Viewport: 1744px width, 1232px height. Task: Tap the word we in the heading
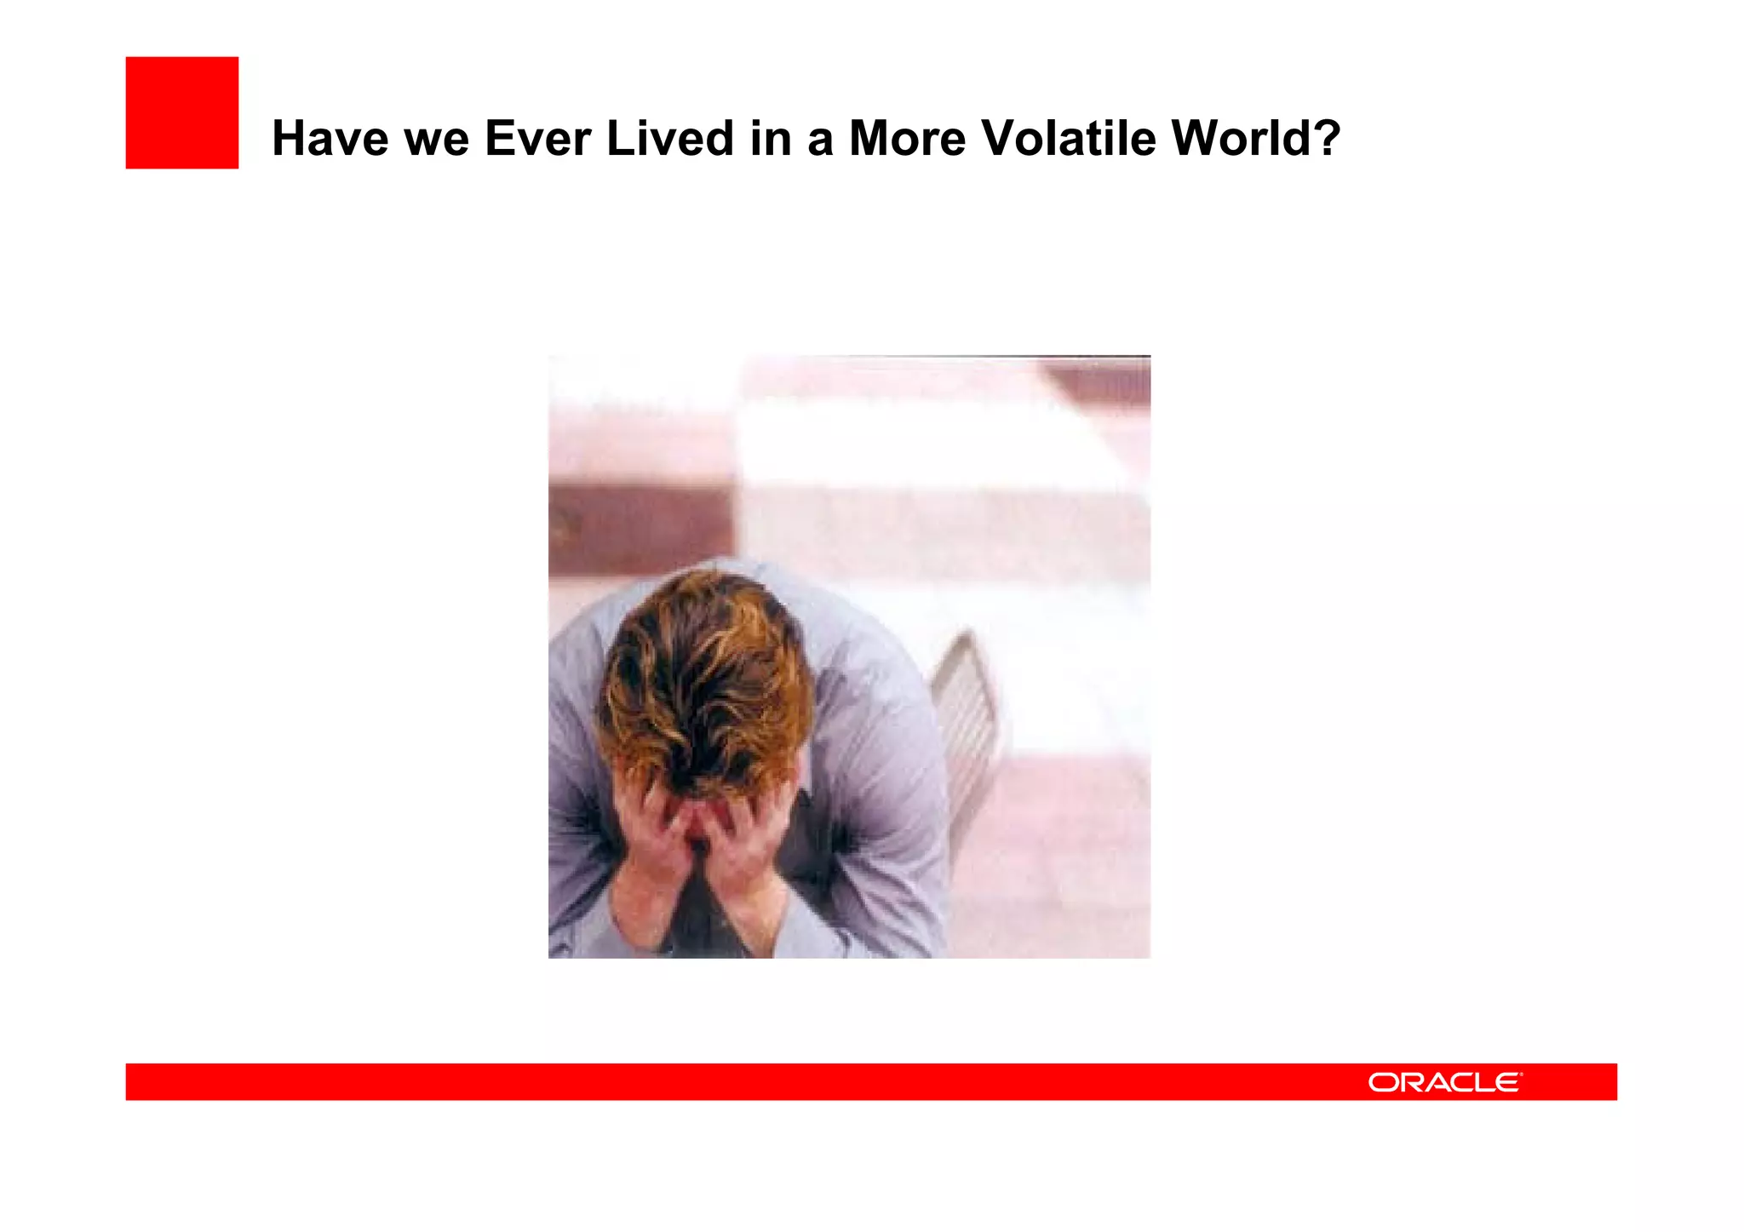coord(436,140)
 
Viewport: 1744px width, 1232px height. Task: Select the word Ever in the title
coord(537,138)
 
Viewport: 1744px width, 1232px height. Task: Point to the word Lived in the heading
coord(670,138)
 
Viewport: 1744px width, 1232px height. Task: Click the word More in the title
coord(907,138)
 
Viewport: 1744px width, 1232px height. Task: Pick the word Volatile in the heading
coord(1069,138)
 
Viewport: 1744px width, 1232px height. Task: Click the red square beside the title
coord(182,113)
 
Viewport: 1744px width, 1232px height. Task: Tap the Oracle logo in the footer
coord(1444,1082)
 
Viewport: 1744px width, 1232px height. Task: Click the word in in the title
coord(770,138)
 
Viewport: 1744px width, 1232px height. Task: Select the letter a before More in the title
coord(819,140)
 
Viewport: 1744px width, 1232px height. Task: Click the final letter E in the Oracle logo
coord(1506,1082)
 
